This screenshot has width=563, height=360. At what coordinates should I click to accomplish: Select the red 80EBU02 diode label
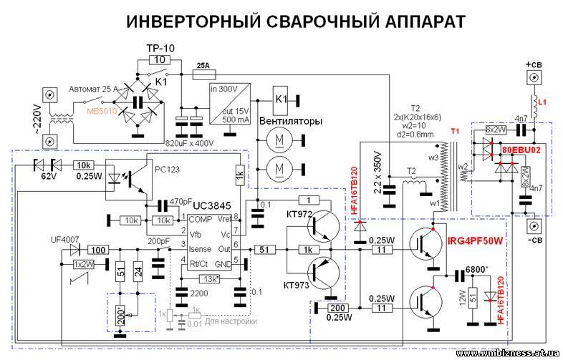526,152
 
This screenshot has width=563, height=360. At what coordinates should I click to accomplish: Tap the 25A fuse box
203,64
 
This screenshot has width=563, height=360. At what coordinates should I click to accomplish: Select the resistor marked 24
138,272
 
